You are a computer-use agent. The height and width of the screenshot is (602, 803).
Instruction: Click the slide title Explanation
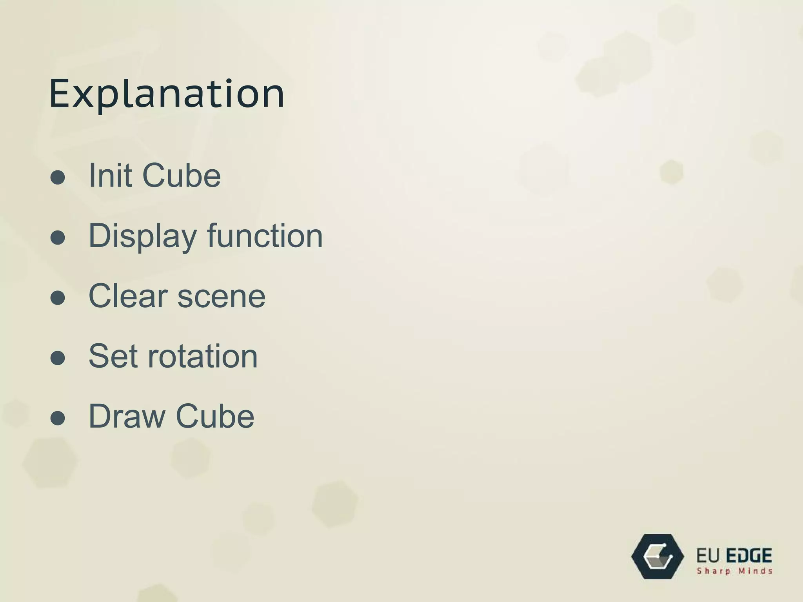coord(167,94)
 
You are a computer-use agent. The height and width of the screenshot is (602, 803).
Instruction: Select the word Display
coord(143,236)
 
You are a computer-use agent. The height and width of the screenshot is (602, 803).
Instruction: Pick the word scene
coord(222,297)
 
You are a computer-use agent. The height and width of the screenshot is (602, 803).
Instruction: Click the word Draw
coord(127,416)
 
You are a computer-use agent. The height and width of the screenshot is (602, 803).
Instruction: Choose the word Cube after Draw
coord(215,416)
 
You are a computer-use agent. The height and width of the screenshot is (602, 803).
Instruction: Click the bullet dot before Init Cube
coord(58,177)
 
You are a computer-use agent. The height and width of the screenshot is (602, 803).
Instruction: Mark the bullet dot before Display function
coord(58,238)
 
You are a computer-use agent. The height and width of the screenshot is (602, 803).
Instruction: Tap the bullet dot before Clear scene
coord(58,297)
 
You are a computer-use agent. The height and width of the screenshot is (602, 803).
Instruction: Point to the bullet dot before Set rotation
coord(58,358)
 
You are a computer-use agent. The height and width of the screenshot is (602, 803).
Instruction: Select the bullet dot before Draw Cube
coord(58,418)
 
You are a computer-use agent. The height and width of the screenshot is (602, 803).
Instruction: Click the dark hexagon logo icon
coord(658,557)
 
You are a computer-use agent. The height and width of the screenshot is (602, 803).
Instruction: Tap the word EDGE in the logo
coord(749,556)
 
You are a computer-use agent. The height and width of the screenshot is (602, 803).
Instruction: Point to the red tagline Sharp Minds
coord(734,571)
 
